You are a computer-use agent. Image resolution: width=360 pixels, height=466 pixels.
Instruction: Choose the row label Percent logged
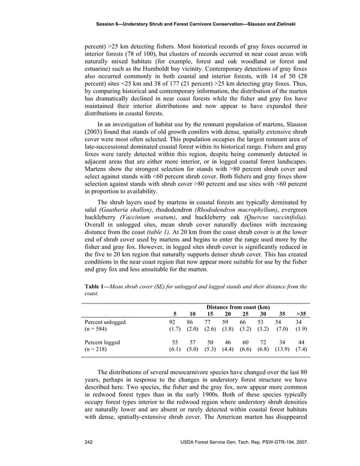pos(102,342)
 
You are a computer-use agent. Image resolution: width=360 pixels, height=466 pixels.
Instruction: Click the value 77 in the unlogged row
pos(210,322)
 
